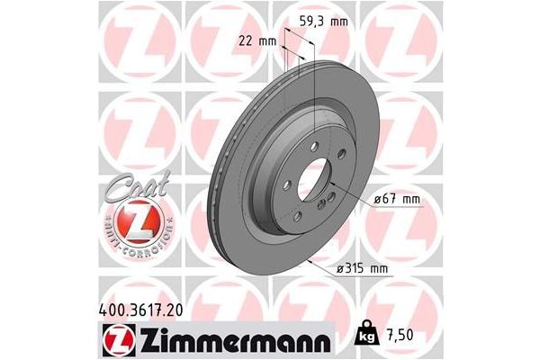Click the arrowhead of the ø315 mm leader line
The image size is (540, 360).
[309, 261]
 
